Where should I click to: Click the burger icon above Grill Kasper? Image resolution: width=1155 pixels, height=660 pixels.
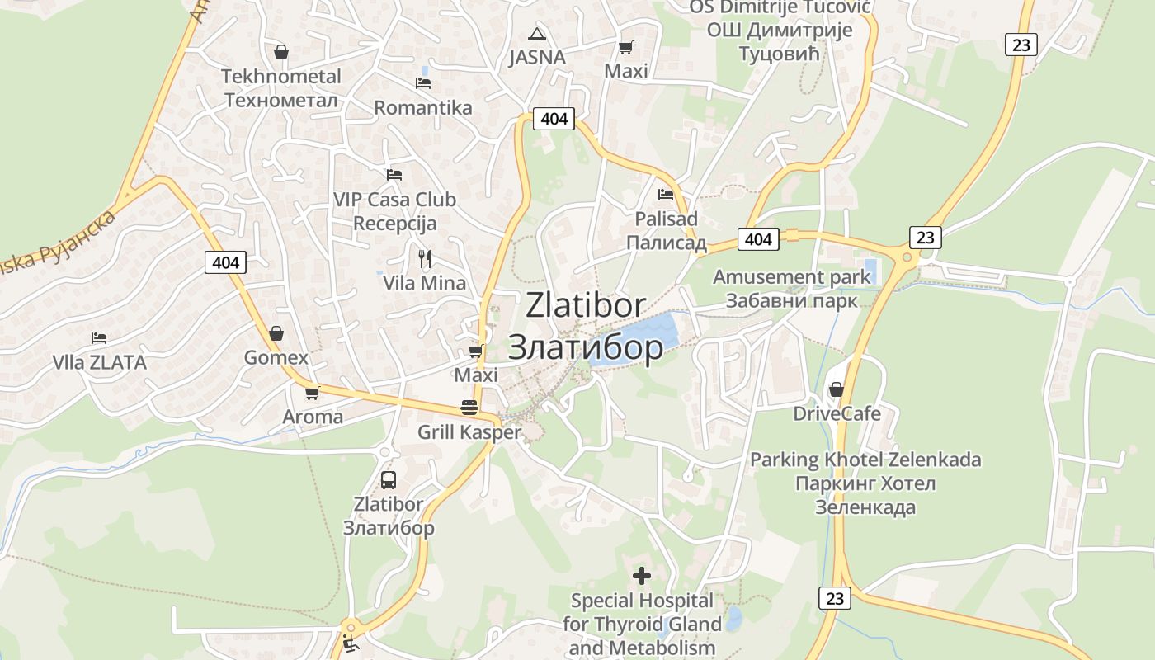click(469, 407)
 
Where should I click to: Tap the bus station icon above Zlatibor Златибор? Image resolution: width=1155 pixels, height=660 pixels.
click(389, 479)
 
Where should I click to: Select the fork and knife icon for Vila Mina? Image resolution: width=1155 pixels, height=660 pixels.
click(425, 259)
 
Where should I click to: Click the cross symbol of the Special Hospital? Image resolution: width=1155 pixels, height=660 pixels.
click(642, 575)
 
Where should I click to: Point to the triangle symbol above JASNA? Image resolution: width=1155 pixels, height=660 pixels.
click(537, 34)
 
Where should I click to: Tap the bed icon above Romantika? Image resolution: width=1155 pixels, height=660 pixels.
click(423, 83)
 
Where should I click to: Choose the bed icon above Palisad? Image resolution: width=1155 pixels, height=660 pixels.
click(666, 195)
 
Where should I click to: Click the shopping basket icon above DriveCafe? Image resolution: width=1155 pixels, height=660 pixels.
click(837, 389)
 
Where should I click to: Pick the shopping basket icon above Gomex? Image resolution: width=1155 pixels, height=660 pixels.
click(276, 333)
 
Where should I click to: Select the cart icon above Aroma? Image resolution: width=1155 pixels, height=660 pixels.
click(312, 393)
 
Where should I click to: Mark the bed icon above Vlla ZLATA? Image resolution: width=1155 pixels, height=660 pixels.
click(99, 338)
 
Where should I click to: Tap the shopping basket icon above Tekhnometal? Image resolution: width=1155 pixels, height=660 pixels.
click(281, 52)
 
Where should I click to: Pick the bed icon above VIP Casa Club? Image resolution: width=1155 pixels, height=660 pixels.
click(394, 175)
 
